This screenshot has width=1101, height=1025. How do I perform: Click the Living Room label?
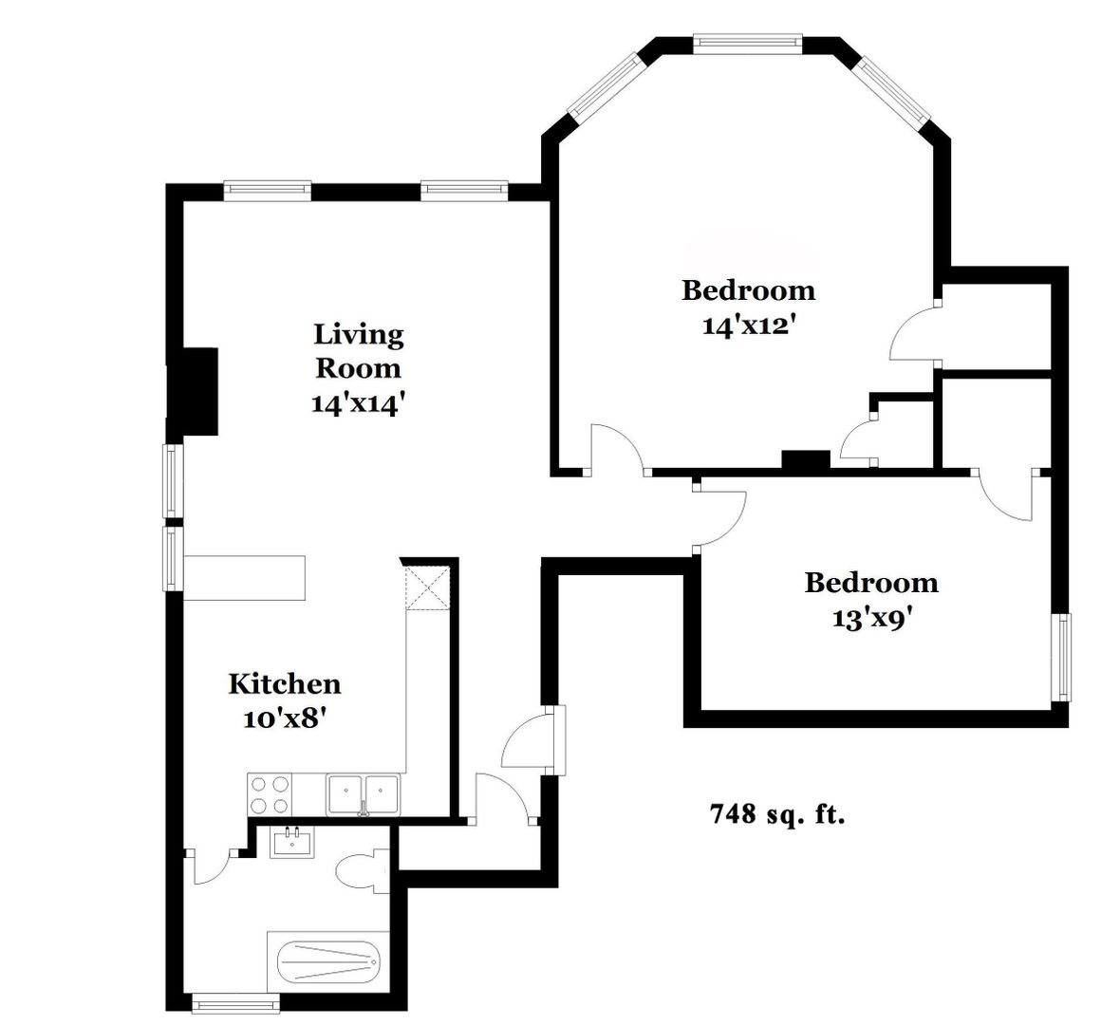click(359, 350)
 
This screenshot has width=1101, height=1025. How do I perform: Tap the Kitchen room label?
click(285, 683)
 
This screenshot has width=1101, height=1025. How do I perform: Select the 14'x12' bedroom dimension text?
click(749, 326)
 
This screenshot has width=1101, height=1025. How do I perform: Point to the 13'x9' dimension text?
click(873, 618)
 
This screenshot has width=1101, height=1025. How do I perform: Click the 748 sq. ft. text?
click(778, 813)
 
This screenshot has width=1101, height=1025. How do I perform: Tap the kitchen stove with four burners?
click(271, 794)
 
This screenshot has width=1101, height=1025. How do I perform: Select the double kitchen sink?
click(363, 794)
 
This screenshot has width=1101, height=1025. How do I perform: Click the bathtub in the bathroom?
click(327, 961)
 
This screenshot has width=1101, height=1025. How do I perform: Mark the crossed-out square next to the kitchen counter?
click(428, 587)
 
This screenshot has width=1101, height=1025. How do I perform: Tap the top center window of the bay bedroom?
click(747, 45)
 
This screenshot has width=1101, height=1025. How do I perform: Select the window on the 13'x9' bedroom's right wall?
click(1061, 658)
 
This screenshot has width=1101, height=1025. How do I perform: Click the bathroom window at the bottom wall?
click(236, 1002)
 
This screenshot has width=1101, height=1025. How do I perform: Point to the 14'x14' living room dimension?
click(359, 403)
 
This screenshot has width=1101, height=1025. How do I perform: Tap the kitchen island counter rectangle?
click(244, 578)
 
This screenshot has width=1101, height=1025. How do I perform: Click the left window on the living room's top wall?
click(268, 191)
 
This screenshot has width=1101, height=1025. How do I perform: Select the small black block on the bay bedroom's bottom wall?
click(806, 460)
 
